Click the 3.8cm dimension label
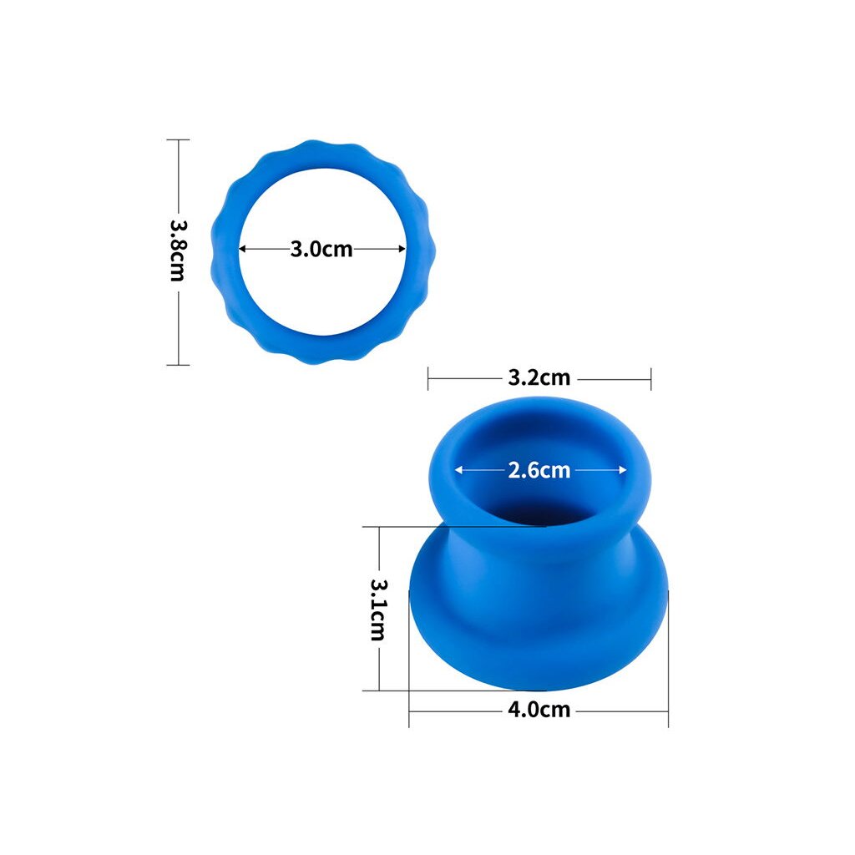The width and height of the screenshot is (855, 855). click(178, 250)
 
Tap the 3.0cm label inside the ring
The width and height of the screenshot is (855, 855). click(321, 249)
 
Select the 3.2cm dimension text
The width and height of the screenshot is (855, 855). click(539, 377)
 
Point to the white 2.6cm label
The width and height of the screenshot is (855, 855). click(539, 470)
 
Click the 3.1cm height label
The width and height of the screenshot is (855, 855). click(378, 610)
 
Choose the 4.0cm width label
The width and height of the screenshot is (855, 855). click(539, 710)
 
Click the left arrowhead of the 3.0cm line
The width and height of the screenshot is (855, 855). click(243, 249)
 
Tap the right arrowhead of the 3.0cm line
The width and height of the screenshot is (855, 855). click(402, 249)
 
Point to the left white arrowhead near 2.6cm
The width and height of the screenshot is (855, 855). click(458, 469)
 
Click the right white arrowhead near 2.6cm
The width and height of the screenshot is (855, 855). click(623, 469)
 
